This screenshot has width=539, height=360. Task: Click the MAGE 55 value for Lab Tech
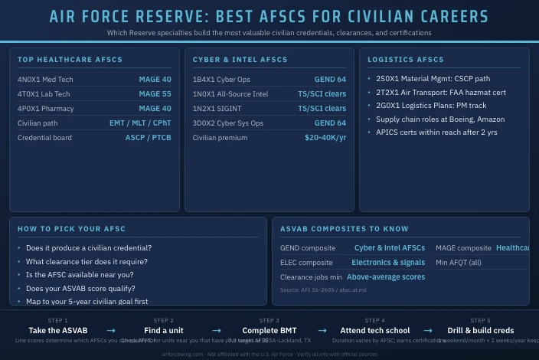155,94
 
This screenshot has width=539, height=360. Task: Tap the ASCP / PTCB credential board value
148,138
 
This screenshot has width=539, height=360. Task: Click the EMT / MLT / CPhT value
140,123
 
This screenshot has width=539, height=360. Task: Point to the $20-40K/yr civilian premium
325,138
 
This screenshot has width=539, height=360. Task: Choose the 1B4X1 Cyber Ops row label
221,80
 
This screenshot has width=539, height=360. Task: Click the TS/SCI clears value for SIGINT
322,109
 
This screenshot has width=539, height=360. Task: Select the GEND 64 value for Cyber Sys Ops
330,123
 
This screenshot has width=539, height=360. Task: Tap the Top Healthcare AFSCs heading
70,60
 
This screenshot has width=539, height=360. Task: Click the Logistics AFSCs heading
406,60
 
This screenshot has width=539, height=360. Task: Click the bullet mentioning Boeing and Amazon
440,119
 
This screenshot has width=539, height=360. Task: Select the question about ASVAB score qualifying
80,289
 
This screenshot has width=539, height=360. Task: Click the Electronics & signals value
388,263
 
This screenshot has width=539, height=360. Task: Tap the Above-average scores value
386,277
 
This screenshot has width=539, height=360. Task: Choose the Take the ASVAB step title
58,331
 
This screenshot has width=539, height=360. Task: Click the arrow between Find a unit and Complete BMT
217,331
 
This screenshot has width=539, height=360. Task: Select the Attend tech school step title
375,331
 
